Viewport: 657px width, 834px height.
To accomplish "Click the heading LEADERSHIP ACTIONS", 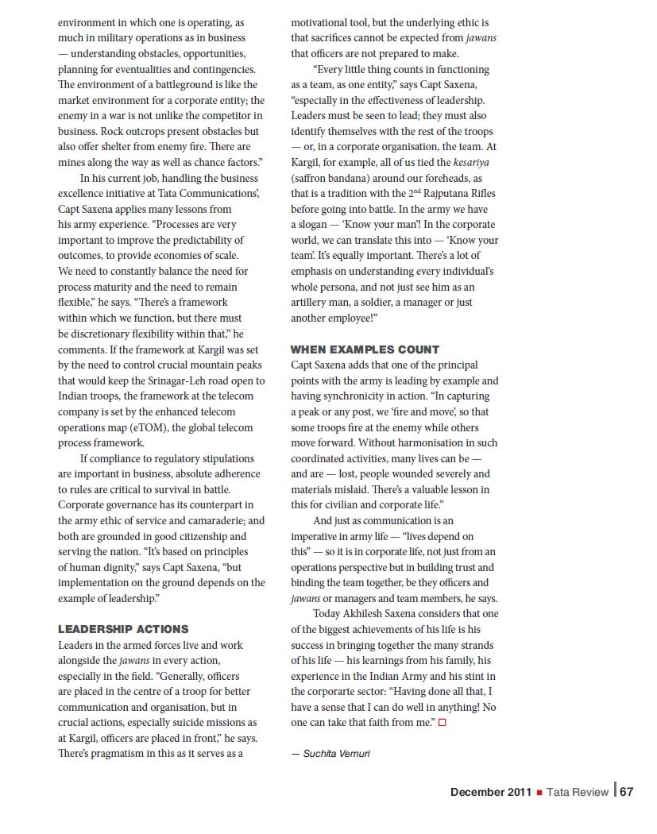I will pyautogui.click(x=123, y=629).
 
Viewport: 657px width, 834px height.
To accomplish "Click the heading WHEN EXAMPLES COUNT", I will pyautogui.click(x=365, y=349).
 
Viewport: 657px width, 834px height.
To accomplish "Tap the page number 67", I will pyautogui.click(x=627, y=791).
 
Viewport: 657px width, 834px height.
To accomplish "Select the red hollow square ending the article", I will pyautogui.click(x=443, y=723).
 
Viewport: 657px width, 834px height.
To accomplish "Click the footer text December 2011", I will pyautogui.click(x=490, y=792).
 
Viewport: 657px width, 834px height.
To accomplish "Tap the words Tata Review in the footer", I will pyautogui.click(x=577, y=792).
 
